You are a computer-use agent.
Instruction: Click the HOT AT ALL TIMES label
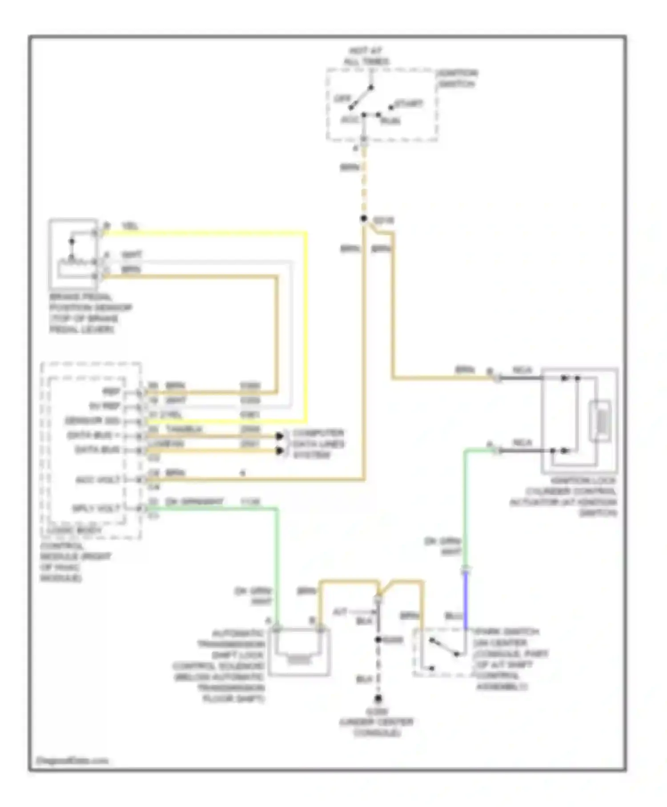coord(366,56)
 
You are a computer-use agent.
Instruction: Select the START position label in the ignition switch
coord(408,104)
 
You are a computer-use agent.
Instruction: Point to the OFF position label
coord(342,98)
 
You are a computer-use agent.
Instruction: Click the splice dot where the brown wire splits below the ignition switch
coord(364,218)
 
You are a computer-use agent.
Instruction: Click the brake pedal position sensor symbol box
coord(73,254)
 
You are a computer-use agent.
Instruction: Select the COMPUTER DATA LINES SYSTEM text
coord(318,444)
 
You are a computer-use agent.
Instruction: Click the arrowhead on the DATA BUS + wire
coord(279,436)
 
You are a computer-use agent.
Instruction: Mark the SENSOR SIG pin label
coord(92,421)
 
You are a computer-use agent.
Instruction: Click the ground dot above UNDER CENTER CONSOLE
coord(378,698)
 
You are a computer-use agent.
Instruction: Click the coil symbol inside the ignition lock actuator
coord(599,420)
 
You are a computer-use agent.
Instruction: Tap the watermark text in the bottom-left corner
coord(72,760)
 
